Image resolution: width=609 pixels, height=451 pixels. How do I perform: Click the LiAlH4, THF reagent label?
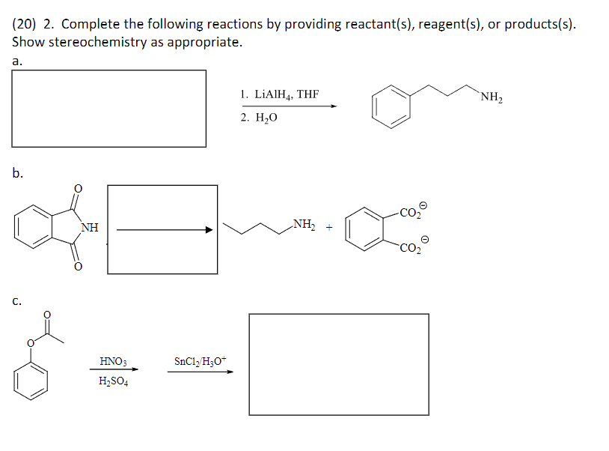point(280,94)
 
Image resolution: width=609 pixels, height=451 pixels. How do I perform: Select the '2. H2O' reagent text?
point(259,118)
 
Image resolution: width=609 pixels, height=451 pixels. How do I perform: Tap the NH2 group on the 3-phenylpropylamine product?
point(492,96)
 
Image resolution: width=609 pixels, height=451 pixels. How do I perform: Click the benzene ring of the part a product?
point(392,104)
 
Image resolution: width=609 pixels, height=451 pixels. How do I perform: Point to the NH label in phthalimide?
point(88,227)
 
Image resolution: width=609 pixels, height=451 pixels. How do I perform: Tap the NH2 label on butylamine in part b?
point(304,223)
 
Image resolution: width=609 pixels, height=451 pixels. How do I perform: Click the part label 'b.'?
point(17,174)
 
